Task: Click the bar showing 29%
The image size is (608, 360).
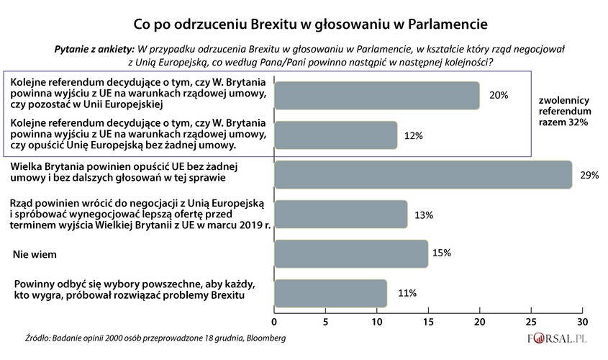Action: (x=423, y=175)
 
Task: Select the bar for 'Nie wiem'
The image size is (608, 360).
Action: (x=351, y=253)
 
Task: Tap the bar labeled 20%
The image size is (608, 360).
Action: (x=377, y=96)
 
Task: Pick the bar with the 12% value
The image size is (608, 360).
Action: (x=336, y=135)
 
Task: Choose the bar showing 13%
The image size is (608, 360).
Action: (x=341, y=214)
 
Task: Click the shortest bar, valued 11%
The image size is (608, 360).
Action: (x=331, y=293)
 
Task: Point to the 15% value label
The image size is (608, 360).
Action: (x=442, y=253)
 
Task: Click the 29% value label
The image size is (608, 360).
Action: (x=589, y=175)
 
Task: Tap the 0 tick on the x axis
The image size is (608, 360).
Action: (x=274, y=321)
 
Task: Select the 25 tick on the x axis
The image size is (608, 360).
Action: (x=531, y=321)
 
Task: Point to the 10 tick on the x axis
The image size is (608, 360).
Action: (x=377, y=321)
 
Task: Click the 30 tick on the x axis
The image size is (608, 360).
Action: (x=582, y=321)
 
